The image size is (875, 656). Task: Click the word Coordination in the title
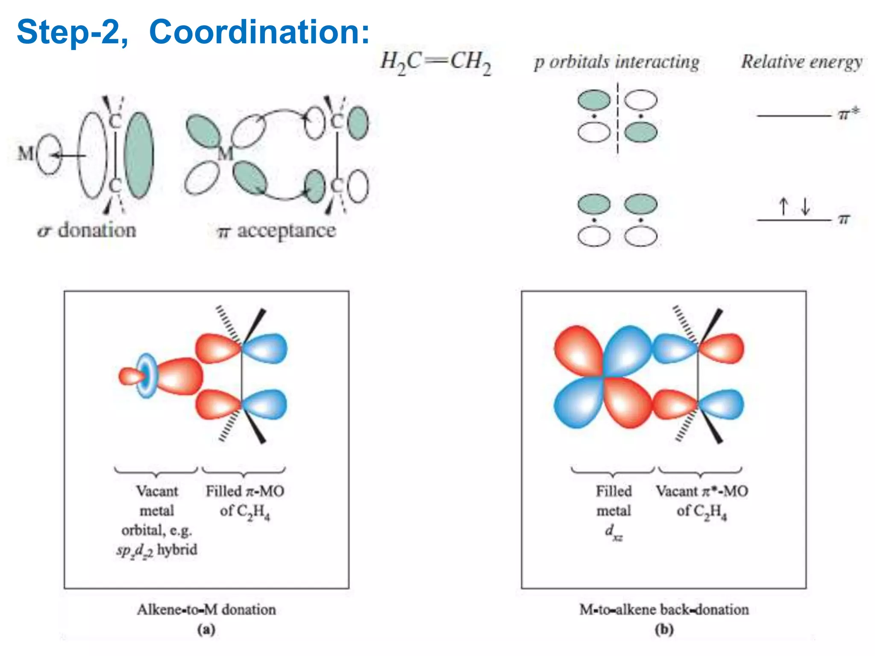(259, 32)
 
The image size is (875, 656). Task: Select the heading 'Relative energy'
(802, 62)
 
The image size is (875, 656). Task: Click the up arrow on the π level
(783, 207)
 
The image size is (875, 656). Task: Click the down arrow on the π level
(805, 207)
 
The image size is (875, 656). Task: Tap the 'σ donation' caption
(87, 231)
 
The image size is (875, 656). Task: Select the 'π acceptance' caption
(277, 231)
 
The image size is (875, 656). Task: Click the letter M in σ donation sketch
(26, 153)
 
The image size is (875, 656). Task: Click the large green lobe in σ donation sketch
(139, 155)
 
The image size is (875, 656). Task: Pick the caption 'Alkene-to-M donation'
(206, 609)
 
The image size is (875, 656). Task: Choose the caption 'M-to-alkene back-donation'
(664, 609)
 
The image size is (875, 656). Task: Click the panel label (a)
(206, 629)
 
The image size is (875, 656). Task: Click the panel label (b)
(664, 629)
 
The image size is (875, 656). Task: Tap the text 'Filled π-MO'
(245, 491)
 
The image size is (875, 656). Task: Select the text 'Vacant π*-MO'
(702, 491)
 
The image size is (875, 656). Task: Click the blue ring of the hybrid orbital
(147, 376)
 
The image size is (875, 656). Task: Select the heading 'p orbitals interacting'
(617, 62)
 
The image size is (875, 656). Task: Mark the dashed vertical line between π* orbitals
(617, 117)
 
